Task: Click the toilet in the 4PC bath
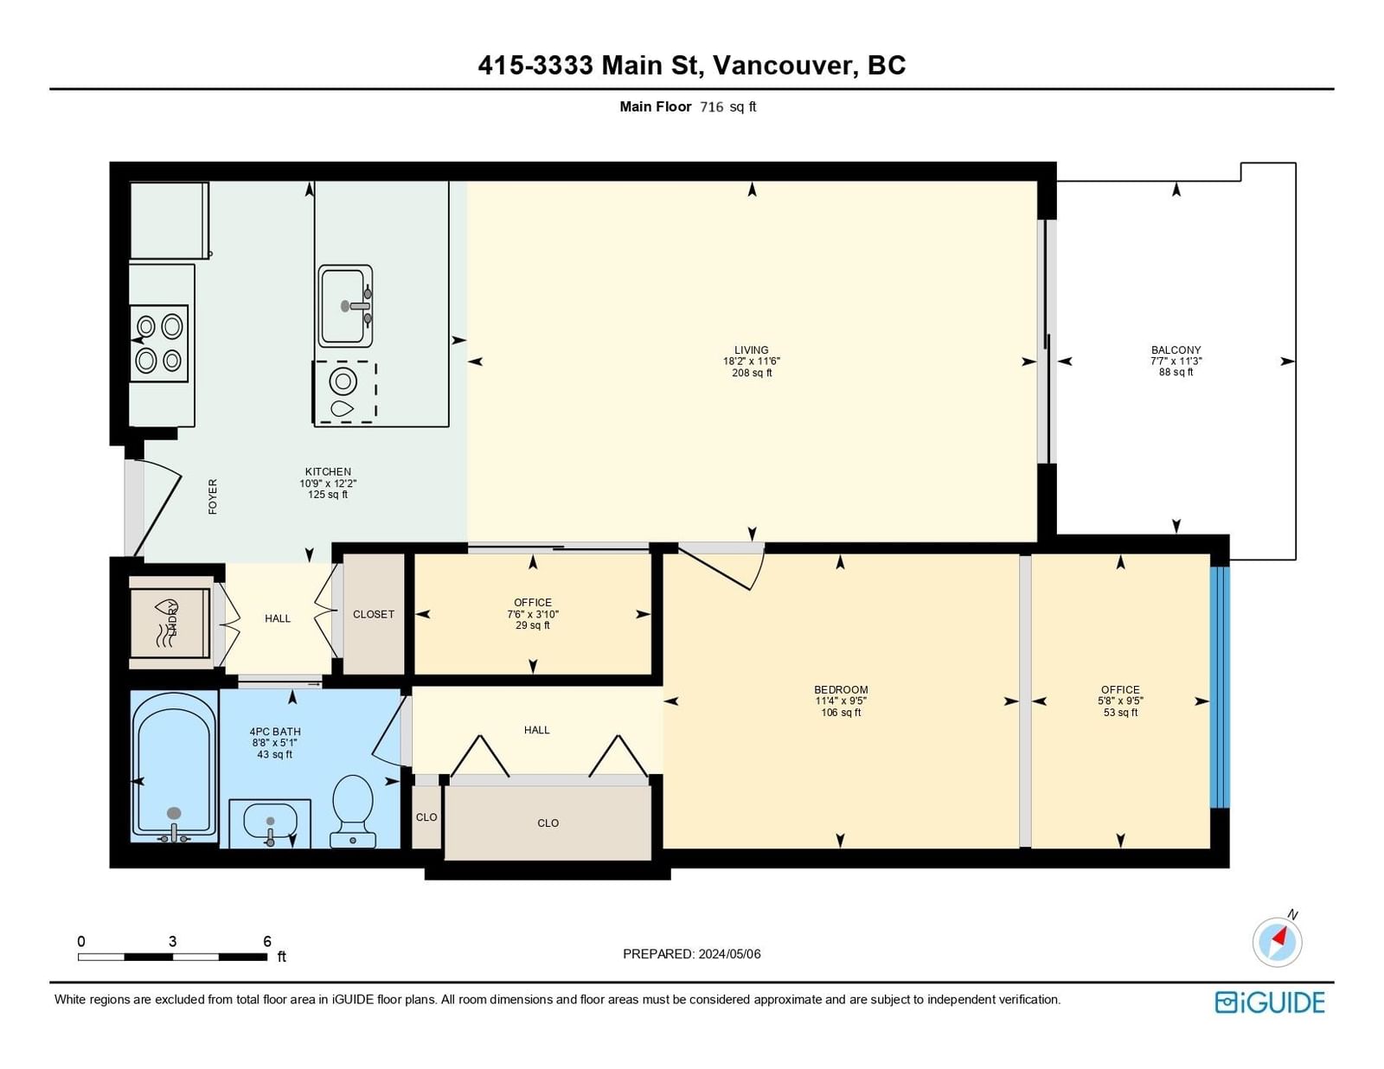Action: [352, 811]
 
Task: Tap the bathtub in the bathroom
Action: [174, 766]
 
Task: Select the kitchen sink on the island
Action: [345, 306]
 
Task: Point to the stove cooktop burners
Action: [159, 344]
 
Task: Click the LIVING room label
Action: [752, 350]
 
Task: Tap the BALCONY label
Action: [1176, 350]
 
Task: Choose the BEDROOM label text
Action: [841, 689]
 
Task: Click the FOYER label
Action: [213, 496]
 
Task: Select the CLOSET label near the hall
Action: [374, 614]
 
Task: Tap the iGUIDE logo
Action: [1269, 1002]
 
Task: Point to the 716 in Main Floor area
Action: [711, 107]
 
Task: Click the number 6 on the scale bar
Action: [267, 941]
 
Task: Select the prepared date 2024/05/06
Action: [729, 954]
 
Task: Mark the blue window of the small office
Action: [1220, 687]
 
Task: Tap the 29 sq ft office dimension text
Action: [533, 625]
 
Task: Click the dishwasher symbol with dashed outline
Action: [344, 392]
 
